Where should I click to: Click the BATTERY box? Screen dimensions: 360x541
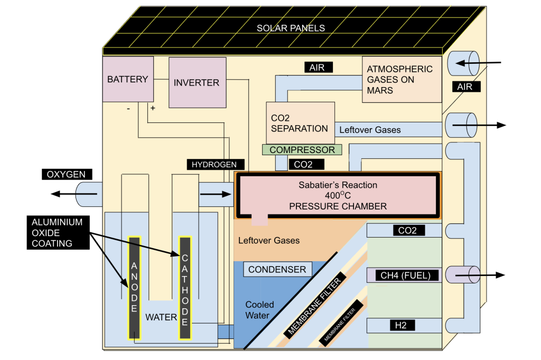coord(127,79)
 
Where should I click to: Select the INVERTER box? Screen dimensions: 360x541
coord(196,82)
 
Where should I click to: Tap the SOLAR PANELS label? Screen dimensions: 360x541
coord(291,28)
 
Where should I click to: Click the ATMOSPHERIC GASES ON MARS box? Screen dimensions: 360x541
coord(402,80)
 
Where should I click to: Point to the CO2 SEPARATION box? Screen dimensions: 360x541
coord(300,122)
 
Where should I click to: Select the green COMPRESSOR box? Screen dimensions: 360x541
coord(302,150)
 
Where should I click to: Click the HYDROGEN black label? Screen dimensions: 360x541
coord(214,164)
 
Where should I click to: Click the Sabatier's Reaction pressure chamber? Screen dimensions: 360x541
coord(338,195)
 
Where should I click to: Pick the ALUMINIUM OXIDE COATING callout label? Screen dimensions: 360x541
coord(57,233)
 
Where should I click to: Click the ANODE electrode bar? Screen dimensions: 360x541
coord(134,288)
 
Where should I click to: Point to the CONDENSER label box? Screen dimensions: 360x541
coord(277,270)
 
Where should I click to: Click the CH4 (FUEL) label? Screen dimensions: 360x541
coord(406,275)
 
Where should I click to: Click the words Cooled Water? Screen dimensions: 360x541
coord(259,310)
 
